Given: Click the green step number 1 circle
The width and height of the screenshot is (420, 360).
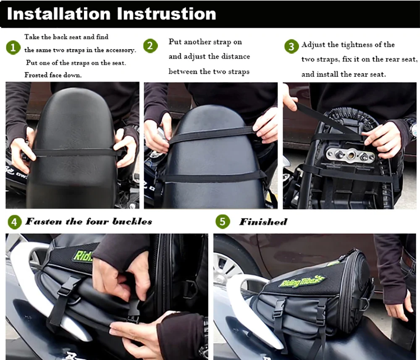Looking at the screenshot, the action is tap(13, 48).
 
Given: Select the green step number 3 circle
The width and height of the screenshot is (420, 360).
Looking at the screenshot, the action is tap(291, 46).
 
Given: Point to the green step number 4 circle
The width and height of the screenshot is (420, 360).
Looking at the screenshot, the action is tap(14, 222).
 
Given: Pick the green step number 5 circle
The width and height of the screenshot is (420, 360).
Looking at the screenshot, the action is tap(223, 221).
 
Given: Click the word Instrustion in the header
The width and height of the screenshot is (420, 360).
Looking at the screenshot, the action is tap(166, 14).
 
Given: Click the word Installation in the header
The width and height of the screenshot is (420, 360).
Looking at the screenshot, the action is tap(59, 14).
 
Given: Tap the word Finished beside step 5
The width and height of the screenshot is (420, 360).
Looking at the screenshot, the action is tap(263, 222).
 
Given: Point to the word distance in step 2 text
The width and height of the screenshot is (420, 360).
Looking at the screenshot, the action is tap(236, 57).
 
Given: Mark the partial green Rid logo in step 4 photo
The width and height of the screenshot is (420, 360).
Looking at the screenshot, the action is tap(82, 256).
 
